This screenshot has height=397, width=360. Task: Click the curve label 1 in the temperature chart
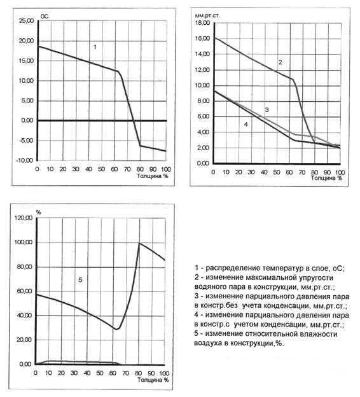point(95,47)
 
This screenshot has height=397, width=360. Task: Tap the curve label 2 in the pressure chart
point(280,62)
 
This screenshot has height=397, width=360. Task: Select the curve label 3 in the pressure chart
point(267,110)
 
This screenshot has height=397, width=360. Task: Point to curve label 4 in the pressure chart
point(246,124)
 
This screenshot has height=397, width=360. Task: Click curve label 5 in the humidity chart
point(80,280)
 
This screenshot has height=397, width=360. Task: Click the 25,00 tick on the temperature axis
point(26,21)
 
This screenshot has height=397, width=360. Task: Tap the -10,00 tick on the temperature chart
point(25,160)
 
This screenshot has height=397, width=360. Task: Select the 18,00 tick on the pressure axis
point(202,23)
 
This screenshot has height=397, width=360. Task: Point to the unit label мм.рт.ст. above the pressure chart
point(207,15)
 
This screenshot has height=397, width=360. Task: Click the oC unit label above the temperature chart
point(45,17)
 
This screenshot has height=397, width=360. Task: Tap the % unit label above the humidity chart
point(38,212)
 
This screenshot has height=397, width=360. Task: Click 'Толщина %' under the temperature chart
point(153,176)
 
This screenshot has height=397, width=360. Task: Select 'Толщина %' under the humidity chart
point(153,380)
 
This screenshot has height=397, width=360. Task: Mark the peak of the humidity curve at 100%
point(139,243)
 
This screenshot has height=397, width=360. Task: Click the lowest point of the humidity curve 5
point(116,330)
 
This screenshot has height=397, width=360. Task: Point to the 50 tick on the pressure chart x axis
point(277,172)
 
